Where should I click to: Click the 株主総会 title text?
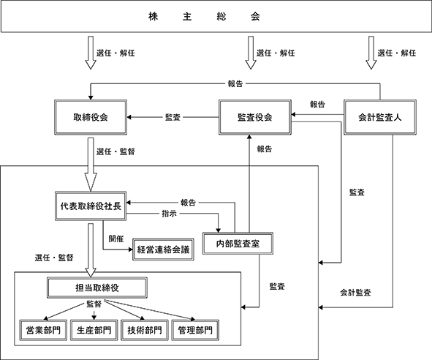pyautogui.click(x=204, y=17)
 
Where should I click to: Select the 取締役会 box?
pyautogui.click(x=91, y=117)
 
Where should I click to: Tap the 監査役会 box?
pyautogui.click(x=255, y=117)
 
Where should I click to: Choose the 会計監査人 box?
pyautogui.click(x=380, y=117)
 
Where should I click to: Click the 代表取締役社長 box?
pyautogui.click(x=91, y=206)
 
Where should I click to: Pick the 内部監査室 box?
pyautogui.click(x=238, y=244)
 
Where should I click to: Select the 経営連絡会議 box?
pyautogui.click(x=163, y=250)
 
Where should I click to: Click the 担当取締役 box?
pyautogui.click(x=97, y=288)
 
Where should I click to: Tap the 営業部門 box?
pyautogui.click(x=43, y=330)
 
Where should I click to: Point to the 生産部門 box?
pyautogui.click(x=94, y=330)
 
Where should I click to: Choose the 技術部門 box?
pyautogui.click(x=145, y=330)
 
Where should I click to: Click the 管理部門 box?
pyautogui.click(x=195, y=330)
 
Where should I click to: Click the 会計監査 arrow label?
pyautogui.click(x=355, y=293)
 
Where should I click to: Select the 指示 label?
pyautogui.click(x=169, y=214)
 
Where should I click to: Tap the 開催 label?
pyautogui.click(x=116, y=239)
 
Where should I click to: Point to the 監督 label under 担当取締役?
pyautogui.click(x=94, y=304)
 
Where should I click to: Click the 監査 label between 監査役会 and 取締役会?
pyautogui.click(x=173, y=117)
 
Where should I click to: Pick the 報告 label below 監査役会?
pyautogui.click(x=265, y=149)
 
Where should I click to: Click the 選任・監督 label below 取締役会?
pyautogui.click(x=115, y=151)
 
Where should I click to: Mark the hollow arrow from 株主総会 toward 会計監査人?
pyautogui.click(x=371, y=53)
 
